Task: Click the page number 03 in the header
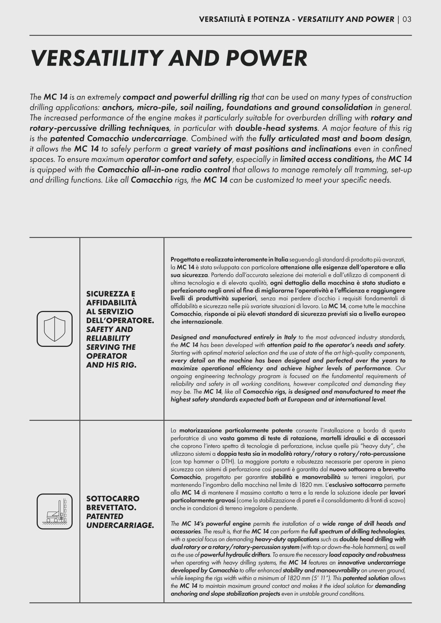pos(407,19)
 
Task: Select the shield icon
pos(54,329)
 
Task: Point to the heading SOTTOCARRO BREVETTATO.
pos(113,503)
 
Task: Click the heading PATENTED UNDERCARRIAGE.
pos(120,520)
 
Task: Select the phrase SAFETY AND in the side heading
pos(109,329)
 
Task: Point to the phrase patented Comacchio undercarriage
pos(118,139)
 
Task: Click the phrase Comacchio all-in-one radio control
pos(164,170)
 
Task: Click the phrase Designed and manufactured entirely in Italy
pos(233,337)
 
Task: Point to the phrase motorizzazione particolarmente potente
pos(236,431)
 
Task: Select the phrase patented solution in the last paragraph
pos(366,578)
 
